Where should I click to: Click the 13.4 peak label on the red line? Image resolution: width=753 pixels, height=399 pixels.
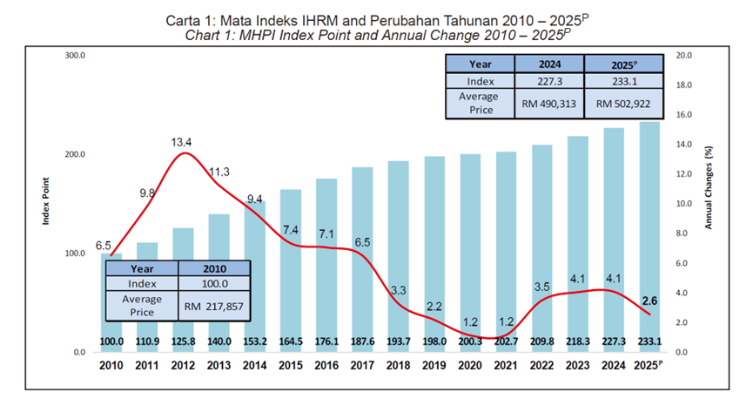pyautogui.click(x=181, y=141)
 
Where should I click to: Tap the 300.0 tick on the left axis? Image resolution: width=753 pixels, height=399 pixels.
pyautogui.click(x=76, y=55)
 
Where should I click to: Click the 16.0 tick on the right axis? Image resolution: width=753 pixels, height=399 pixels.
pyautogui.click(x=684, y=115)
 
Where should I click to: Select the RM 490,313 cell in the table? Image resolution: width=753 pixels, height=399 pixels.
pyautogui.click(x=548, y=103)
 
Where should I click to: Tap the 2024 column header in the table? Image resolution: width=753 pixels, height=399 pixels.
pyautogui.click(x=548, y=64)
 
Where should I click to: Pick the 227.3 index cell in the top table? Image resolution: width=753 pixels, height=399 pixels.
pyautogui.click(x=548, y=80)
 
